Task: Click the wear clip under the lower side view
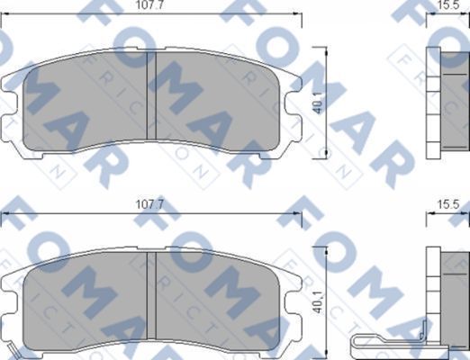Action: point(387,339)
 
